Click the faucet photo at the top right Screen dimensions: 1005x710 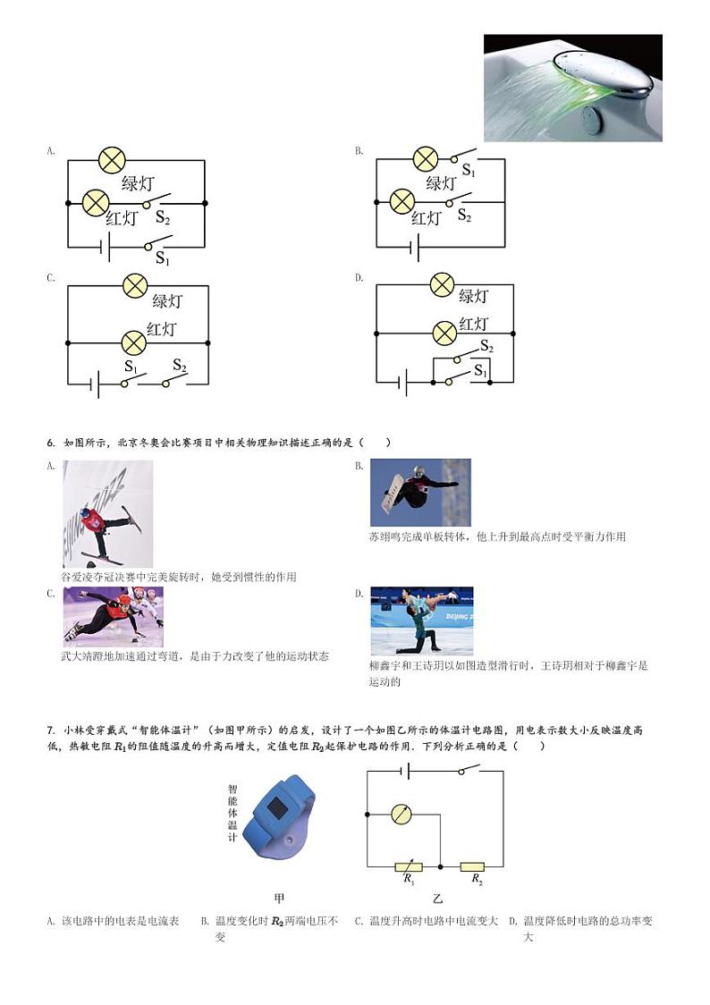tap(572, 88)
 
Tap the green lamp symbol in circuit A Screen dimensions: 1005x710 tap(112, 160)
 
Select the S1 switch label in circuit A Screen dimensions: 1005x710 tap(162, 258)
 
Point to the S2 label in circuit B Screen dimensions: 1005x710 tap(465, 215)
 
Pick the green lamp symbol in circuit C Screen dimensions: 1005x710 tap(134, 285)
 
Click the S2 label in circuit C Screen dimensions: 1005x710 tap(179, 366)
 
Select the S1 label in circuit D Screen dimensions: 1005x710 tap(480, 370)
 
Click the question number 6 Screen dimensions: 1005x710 tap(50, 443)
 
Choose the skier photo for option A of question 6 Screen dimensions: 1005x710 tap(107, 513)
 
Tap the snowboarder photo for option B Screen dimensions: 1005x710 tap(419, 493)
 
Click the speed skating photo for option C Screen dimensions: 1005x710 tap(113, 616)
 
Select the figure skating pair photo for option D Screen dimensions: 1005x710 tap(421, 621)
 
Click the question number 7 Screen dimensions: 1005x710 tap(50, 731)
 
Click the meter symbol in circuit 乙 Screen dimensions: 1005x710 tap(403, 815)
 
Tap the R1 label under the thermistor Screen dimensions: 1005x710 tap(409, 880)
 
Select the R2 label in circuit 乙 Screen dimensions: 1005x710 tap(476, 881)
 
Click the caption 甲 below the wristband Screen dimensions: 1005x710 tap(280, 898)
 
